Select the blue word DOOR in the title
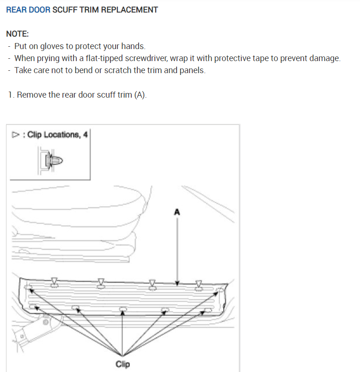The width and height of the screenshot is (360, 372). click(39, 9)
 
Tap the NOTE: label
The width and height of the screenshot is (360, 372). click(18, 34)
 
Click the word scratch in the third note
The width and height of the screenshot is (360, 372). click(111, 70)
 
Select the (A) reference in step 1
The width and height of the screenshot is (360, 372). click(140, 95)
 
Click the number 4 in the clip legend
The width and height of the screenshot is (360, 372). click(85, 135)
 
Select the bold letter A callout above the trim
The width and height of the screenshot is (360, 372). click(176, 212)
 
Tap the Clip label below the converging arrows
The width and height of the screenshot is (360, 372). click(122, 364)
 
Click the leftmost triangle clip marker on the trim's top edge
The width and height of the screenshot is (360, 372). click(55, 281)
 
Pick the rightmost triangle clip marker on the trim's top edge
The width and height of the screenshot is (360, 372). click(199, 282)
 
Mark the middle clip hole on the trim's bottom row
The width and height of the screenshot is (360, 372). click(122, 309)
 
